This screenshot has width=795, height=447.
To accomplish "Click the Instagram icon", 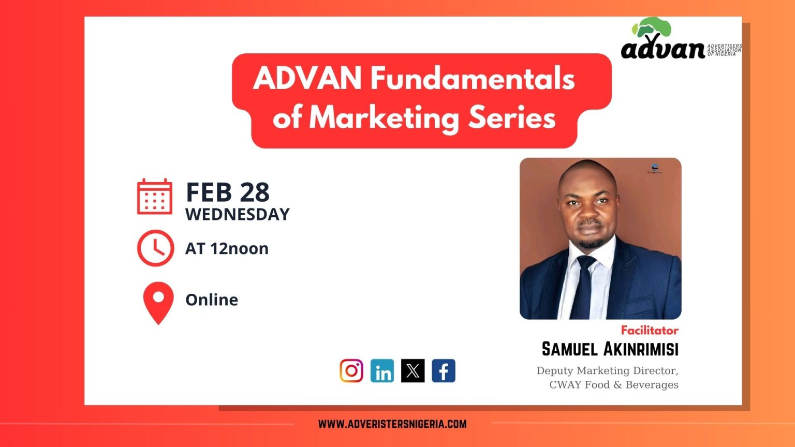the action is coord(351,371).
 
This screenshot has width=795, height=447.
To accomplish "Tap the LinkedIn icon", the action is coord(382,371).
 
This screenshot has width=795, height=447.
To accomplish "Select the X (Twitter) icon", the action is coord(413,371).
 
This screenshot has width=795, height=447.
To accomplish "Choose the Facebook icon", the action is coord(444,371).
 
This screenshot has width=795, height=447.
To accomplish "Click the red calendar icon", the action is coord(155,197).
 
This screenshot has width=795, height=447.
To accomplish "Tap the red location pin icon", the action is coord(158,303).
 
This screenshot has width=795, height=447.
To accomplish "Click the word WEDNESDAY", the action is coord(238,215).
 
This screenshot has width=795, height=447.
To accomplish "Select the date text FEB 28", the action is coord(228,192).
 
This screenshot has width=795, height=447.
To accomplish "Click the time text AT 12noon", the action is coord(227,249).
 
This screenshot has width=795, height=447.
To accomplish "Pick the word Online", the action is coord(212,300).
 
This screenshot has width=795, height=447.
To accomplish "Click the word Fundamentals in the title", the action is coord(473,79).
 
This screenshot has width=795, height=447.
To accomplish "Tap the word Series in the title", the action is coord(512,117).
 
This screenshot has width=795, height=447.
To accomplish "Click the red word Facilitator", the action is coord(650,331).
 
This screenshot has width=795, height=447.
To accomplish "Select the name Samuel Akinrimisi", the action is coord(610,349).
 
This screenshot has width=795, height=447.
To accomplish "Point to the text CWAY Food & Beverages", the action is coord(614,384).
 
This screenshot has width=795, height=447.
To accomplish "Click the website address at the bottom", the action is coord(392,424).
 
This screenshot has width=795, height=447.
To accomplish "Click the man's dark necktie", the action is coord(582,287).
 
